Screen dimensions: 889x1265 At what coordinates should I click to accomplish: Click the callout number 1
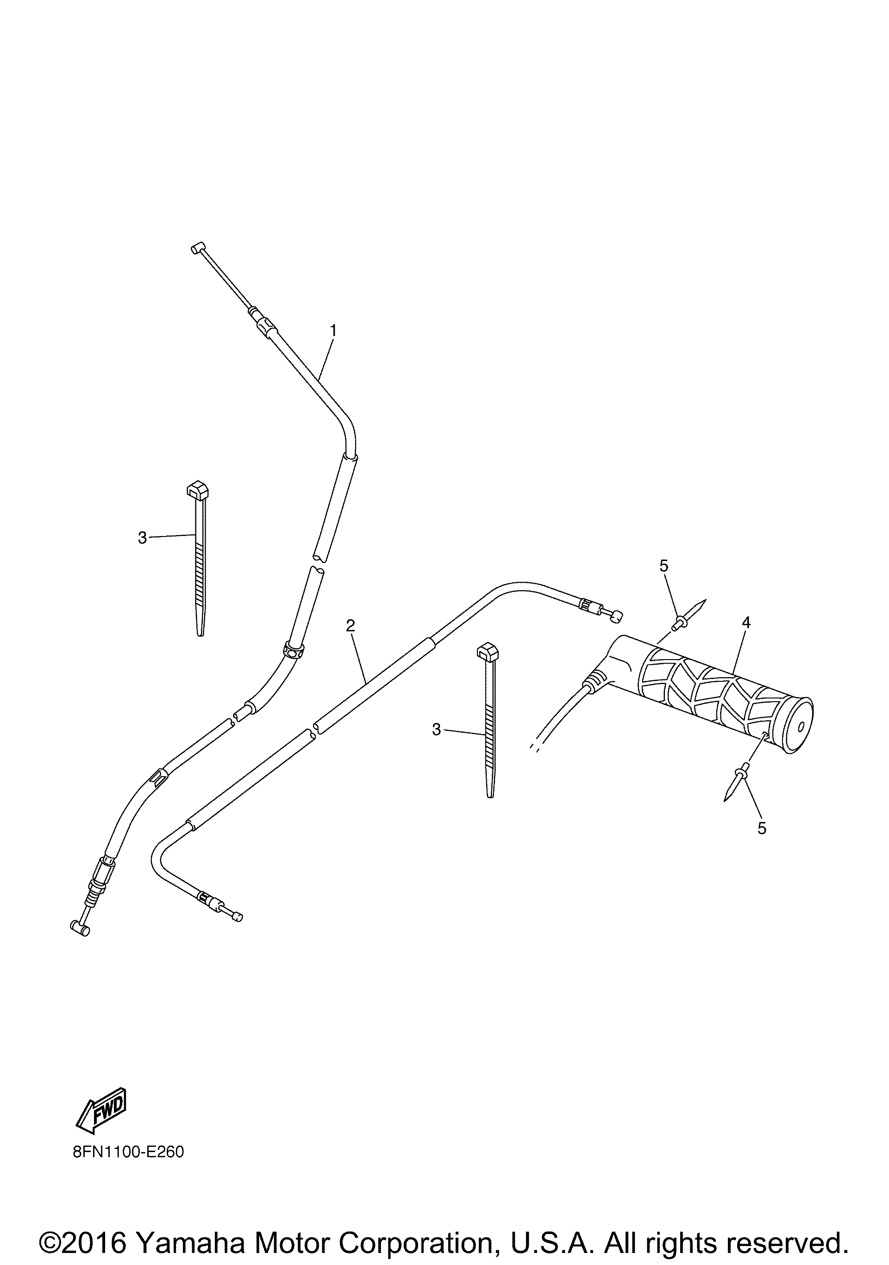(x=333, y=330)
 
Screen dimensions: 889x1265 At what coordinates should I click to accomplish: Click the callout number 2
(x=351, y=625)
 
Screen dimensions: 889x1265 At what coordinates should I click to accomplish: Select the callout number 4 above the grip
(x=746, y=623)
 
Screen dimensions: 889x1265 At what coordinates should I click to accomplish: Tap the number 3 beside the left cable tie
(x=142, y=538)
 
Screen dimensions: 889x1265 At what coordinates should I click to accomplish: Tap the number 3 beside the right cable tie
(x=437, y=730)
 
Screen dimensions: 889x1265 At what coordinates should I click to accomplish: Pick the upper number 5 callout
(x=664, y=566)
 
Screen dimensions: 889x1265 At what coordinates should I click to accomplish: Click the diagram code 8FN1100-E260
(x=128, y=1152)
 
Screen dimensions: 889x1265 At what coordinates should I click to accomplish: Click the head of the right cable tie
(x=487, y=654)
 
